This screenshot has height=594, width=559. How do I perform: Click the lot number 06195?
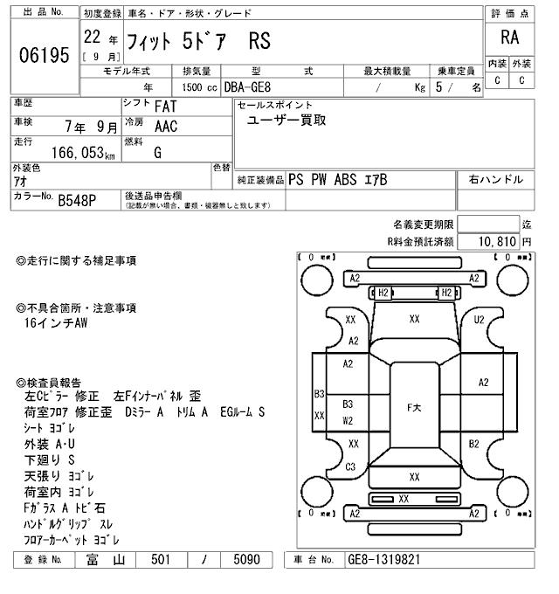[x=44, y=56]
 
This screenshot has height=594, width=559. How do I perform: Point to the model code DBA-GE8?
[x=248, y=87]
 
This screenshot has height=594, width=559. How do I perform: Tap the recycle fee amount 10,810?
[x=496, y=241]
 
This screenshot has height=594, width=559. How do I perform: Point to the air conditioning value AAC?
[x=167, y=126]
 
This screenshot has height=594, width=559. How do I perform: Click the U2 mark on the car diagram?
[x=479, y=320]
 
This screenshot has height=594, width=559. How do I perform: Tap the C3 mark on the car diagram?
[x=350, y=466]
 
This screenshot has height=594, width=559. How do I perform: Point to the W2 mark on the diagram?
[x=348, y=419]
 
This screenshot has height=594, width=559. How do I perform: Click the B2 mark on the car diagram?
[x=474, y=444]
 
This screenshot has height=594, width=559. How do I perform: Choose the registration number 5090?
[x=246, y=560]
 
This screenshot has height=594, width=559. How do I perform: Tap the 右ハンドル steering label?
[x=495, y=180]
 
